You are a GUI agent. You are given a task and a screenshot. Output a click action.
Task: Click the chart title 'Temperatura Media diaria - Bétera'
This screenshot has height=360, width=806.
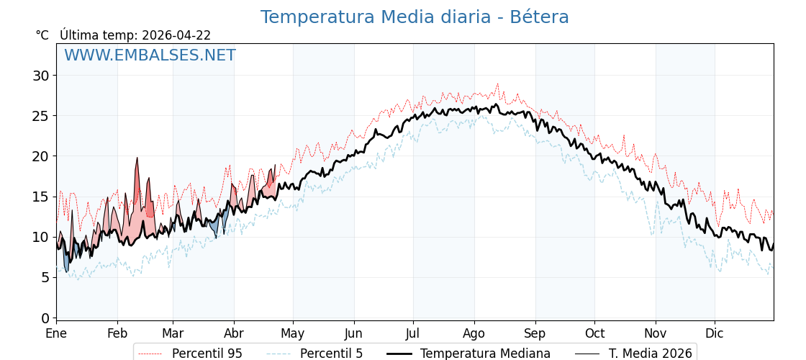(415, 17)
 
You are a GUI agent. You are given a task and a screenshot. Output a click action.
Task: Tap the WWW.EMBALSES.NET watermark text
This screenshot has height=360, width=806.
(150, 55)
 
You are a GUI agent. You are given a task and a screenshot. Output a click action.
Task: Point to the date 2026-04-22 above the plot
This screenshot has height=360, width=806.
(176, 35)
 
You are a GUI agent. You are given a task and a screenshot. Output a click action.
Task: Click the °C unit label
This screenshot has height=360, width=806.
(42, 35)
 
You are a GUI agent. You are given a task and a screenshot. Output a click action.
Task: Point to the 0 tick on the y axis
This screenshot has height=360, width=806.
(45, 318)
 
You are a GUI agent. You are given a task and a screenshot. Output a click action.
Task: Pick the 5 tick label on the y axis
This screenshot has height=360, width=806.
(45, 277)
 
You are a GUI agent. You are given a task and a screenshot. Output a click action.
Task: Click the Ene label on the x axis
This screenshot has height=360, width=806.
(56, 334)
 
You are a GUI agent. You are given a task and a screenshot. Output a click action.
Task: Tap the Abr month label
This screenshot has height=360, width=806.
(234, 334)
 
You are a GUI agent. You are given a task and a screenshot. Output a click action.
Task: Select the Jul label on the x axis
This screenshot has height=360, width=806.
(413, 334)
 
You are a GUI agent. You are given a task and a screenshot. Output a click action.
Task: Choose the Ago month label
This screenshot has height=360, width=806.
(474, 334)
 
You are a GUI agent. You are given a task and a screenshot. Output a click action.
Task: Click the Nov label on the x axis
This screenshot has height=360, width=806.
(656, 334)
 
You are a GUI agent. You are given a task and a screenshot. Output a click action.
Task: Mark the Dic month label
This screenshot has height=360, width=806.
(715, 334)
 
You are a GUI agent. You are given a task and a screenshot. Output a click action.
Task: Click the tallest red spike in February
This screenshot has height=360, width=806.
(137, 159)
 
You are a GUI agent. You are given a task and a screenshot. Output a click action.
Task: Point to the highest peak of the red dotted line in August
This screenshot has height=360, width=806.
(497, 84)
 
